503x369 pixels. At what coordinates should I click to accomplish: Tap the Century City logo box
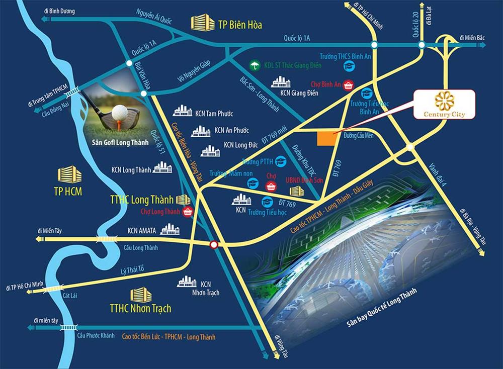444,105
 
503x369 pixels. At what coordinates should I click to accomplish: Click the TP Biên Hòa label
241,24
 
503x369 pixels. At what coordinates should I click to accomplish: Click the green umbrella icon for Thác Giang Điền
255,65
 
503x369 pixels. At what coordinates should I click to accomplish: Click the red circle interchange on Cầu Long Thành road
214,245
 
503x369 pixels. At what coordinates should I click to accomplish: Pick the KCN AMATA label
142,231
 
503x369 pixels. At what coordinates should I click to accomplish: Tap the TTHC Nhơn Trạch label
140,308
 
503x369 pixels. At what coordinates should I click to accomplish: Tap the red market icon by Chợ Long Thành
188,211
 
